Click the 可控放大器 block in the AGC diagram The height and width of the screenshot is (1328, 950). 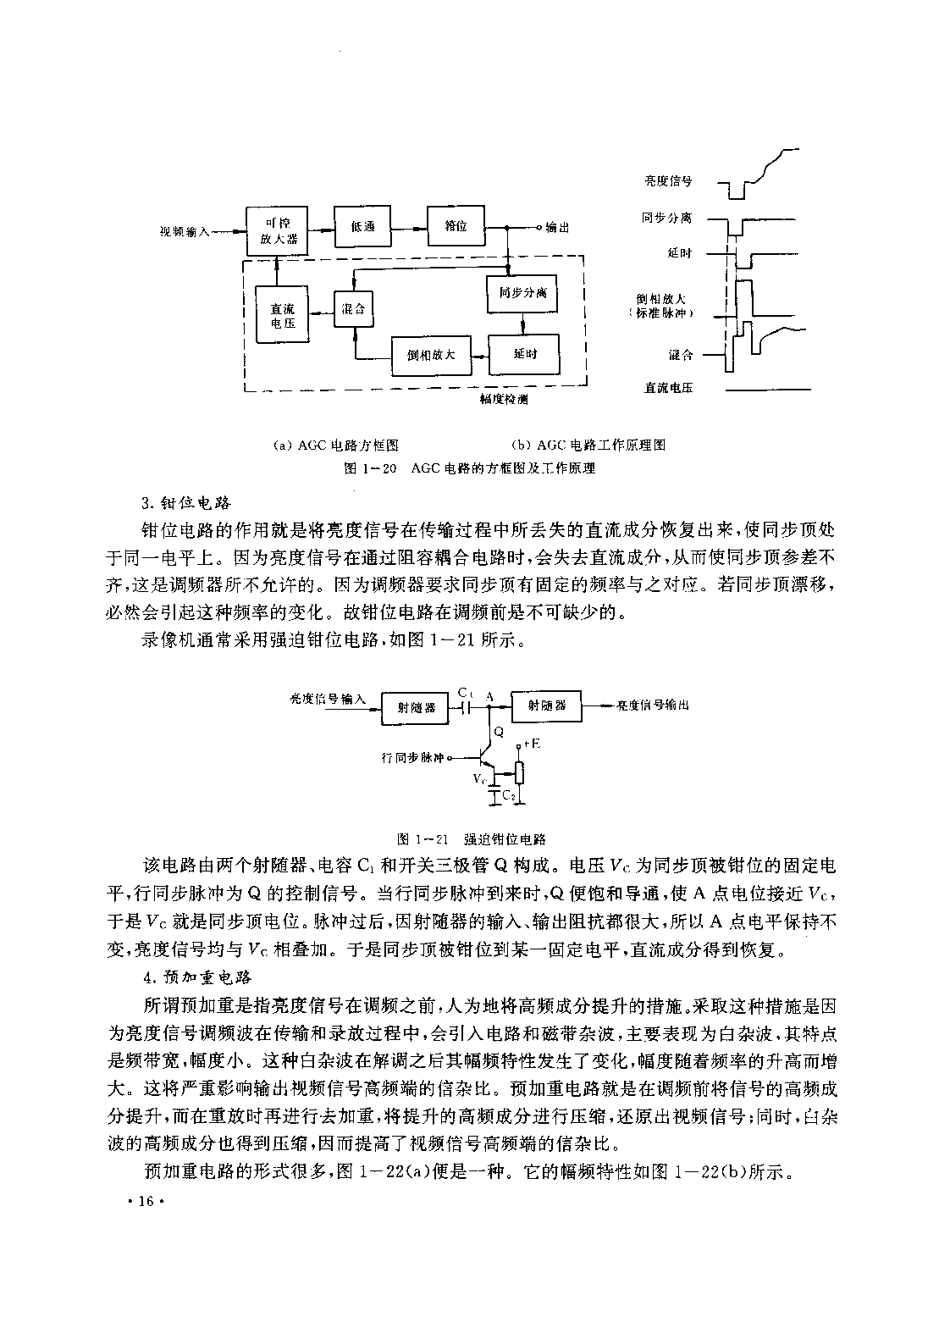[277, 230]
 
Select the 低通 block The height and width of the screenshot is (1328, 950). [362, 226]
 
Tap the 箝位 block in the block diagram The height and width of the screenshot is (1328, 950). [456, 225]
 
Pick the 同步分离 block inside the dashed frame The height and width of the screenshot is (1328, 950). [522, 293]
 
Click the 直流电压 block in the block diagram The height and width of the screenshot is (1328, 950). [282, 314]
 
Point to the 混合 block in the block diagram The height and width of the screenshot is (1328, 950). [353, 308]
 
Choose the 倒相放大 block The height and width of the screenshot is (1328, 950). [432, 355]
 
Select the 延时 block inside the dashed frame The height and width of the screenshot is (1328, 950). [524, 354]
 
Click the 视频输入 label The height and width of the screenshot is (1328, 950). [185, 232]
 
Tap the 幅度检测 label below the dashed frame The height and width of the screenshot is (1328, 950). [504, 400]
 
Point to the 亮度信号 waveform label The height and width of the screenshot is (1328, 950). [669, 181]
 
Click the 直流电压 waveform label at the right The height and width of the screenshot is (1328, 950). [669, 388]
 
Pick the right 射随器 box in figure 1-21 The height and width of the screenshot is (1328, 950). [546, 705]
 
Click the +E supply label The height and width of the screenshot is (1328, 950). [532, 743]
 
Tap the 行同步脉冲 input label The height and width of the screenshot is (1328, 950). [412, 758]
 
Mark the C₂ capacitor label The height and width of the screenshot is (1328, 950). [509, 795]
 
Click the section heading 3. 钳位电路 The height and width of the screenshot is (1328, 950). [186, 503]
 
